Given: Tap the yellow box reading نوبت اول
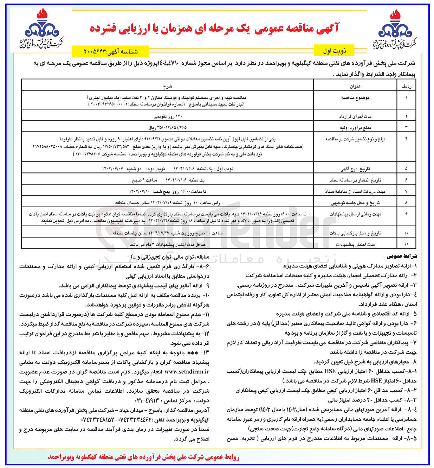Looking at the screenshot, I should [334, 51].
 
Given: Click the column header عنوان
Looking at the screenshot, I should [355, 85].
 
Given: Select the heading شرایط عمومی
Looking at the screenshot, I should [404, 256].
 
